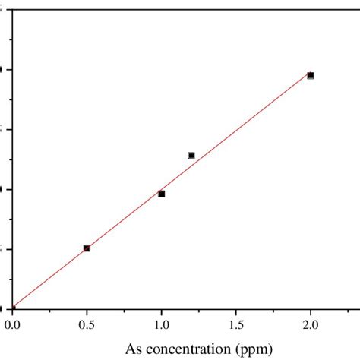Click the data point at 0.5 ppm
[x=87, y=248]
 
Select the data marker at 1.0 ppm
[x=161, y=194]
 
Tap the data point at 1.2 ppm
[x=191, y=156]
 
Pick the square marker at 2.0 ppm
[x=310, y=75]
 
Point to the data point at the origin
[x=12, y=308]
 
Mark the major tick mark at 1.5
[x=235, y=311]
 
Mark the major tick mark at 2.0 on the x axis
[x=310, y=311]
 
